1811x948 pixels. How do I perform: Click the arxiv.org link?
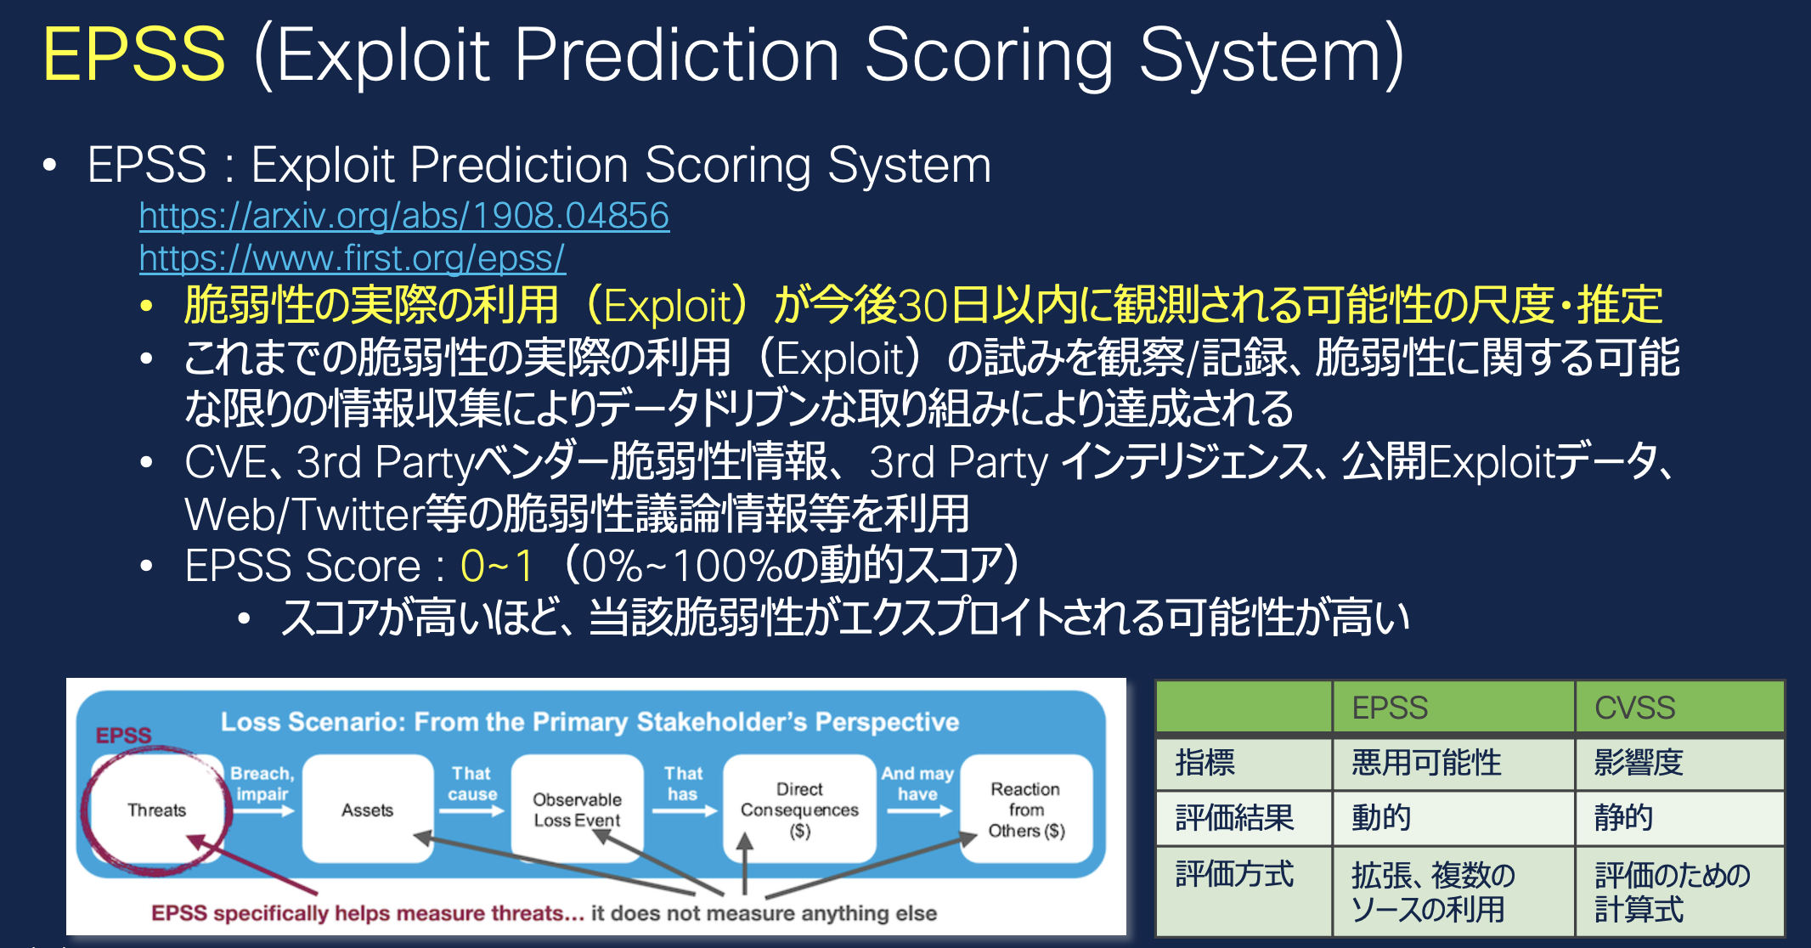tap(403, 216)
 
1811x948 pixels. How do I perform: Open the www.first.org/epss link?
tap(352, 258)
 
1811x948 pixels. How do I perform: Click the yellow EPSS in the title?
tap(134, 54)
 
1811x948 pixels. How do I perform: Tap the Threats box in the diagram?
tap(156, 810)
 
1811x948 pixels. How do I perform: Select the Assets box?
tap(367, 810)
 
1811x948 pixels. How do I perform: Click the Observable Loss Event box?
tap(577, 810)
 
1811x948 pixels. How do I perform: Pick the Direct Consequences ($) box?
tap(799, 810)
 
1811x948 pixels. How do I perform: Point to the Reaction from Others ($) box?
tap(1026, 810)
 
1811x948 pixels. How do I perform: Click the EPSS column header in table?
tap(1390, 708)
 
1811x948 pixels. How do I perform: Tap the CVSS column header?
tap(1634, 708)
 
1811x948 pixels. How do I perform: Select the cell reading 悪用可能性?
tap(1427, 762)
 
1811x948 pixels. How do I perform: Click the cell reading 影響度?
tap(1638, 762)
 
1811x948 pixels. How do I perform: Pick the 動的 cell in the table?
tap(1381, 817)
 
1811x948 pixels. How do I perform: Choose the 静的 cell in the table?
tap(1623, 817)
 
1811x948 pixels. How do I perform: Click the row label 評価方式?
tap(1234, 874)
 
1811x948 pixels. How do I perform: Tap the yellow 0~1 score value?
tap(497, 566)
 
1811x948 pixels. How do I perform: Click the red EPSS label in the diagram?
tap(123, 735)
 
